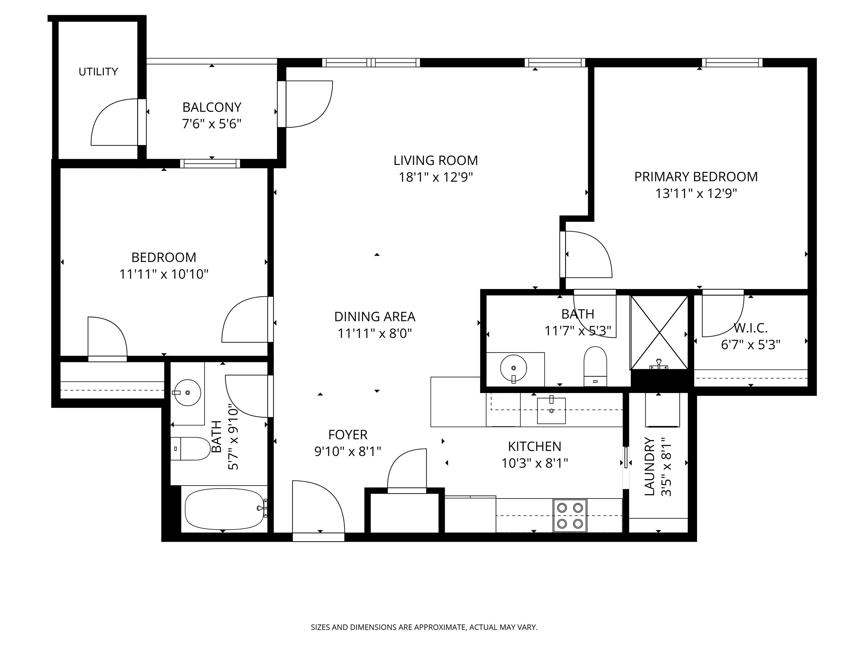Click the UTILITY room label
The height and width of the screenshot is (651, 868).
click(98, 72)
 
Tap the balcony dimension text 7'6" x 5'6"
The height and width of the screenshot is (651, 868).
click(212, 124)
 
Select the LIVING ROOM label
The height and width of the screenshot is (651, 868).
click(436, 160)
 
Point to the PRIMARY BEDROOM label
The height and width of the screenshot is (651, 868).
click(696, 177)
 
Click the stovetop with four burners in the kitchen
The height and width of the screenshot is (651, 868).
click(570, 515)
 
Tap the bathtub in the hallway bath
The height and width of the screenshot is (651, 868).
click(224, 509)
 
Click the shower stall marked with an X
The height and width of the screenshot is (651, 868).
click(659, 332)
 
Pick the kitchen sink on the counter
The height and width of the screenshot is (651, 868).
click(551, 411)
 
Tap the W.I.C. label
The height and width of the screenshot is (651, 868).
click(750, 328)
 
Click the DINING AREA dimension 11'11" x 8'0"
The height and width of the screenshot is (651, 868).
click(375, 333)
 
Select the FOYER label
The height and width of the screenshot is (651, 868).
click(348, 435)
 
